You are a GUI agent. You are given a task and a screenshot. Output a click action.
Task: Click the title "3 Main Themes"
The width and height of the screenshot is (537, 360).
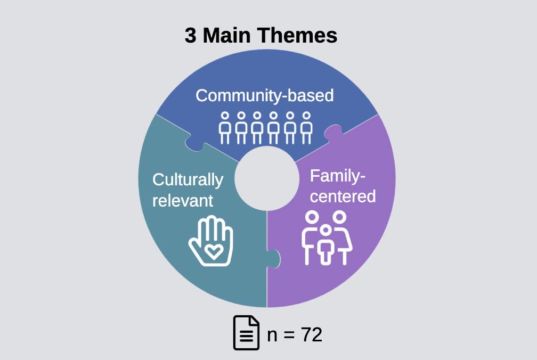pyautogui.click(x=261, y=36)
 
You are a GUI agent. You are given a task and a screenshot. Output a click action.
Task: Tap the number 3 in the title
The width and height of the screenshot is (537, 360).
pyautogui.click(x=190, y=36)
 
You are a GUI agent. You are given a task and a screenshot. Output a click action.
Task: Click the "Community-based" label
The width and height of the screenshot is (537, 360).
pyautogui.click(x=264, y=95)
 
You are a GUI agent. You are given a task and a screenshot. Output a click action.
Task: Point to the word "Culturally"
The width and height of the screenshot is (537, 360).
pyautogui.click(x=188, y=180)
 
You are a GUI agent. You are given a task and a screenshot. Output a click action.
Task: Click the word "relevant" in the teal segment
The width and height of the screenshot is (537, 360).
pyautogui.click(x=183, y=200)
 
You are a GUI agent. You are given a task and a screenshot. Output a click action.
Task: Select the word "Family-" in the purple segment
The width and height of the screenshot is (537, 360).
pyautogui.click(x=338, y=176)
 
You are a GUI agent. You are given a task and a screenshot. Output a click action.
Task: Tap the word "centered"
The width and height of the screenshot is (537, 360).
pyautogui.click(x=343, y=196)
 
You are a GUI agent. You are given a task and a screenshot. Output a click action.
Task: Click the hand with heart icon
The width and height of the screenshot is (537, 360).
pyautogui.click(x=211, y=240)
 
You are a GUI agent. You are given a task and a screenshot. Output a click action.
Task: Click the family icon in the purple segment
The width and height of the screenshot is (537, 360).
pyautogui.click(x=327, y=238)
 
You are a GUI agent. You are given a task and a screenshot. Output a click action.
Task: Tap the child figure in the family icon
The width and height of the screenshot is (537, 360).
pyautogui.click(x=326, y=244)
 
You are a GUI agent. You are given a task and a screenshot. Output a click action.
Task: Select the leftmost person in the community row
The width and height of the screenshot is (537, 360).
pyautogui.click(x=225, y=128)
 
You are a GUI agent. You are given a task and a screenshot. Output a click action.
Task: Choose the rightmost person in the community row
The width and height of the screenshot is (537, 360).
pyautogui.click(x=306, y=128)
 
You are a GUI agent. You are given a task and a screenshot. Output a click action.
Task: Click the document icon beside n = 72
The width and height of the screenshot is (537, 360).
pyautogui.click(x=246, y=332)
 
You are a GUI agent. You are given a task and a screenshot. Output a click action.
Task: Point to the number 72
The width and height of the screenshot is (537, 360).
pyautogui.click(x=312, y=334)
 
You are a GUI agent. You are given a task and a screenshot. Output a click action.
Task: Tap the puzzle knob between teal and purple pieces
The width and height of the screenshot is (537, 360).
pyautogui.click(x=273, y=258)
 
